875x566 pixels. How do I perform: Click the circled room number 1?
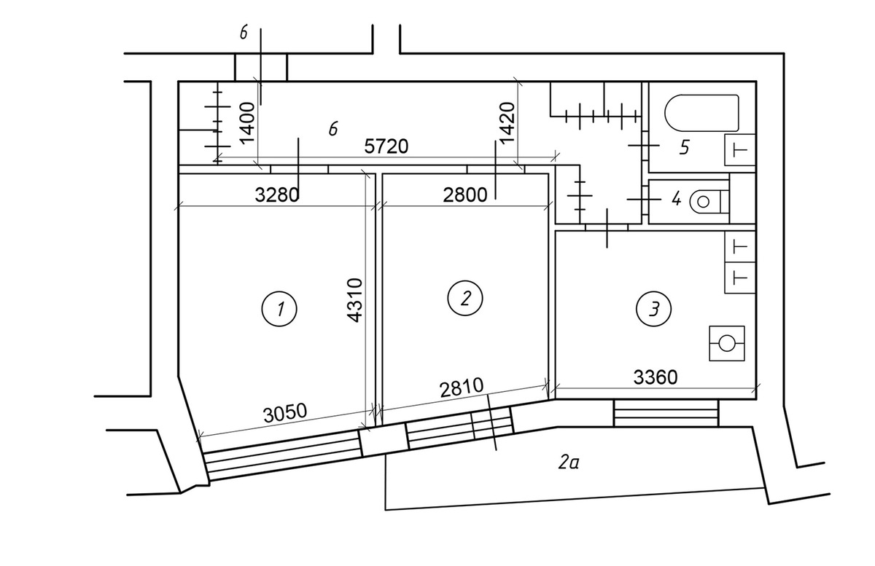(x=279, y=309)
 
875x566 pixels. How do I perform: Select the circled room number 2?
(x=465, y=298)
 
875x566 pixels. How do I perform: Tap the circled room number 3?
(x=653, y=309)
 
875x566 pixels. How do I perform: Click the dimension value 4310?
(x=354, y=300)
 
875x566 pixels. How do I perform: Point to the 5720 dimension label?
(x=386, y=146)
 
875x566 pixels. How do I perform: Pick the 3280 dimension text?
(x=277, y=194)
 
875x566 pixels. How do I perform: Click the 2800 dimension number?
(x=465, y=194)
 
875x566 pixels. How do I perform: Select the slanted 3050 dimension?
(x=285, y=413)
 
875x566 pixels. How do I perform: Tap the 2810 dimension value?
(x=462, y=388)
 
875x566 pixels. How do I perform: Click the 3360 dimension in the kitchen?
(x=656, y=377)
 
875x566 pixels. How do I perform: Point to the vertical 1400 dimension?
(x=247, y=122)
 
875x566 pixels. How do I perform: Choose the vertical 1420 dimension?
(x=507, y=122)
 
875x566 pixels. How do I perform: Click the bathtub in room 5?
(x=701, y=113)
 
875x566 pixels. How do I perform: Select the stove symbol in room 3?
(x=726, y=343)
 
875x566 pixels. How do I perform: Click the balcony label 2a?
(x=568, y=463)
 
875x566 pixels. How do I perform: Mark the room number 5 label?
(x=685, y=147)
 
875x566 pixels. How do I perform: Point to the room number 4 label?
(x=676, y=199)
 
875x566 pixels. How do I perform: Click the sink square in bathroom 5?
(x=740, y=150)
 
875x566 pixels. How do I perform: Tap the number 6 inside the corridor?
(x=332, y=128)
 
